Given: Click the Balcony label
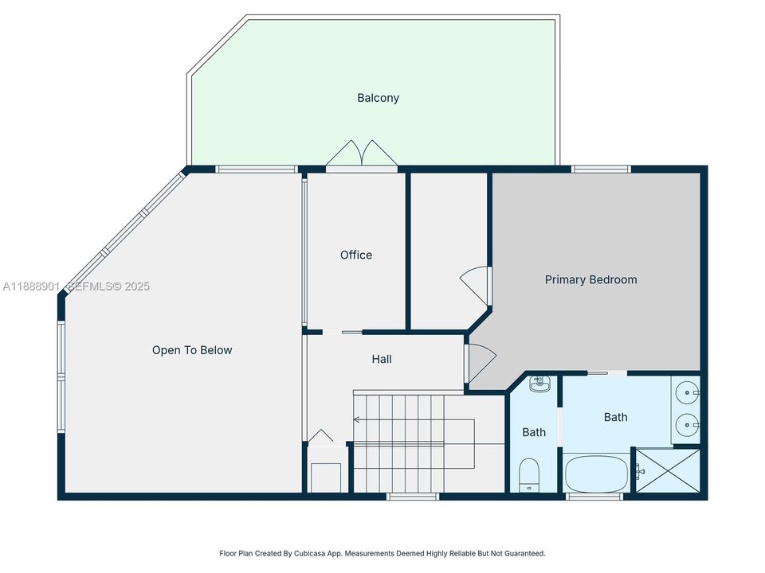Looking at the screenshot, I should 378,98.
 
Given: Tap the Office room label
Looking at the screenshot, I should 356,255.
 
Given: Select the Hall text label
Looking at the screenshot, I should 382,359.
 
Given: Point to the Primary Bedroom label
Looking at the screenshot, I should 590,279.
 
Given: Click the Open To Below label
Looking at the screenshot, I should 192,350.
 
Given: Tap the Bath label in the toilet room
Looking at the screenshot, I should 534,432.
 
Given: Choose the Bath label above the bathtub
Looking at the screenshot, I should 615,417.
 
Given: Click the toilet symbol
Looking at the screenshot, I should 529,475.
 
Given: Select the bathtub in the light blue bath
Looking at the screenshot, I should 596,474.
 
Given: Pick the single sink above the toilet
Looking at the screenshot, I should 541,384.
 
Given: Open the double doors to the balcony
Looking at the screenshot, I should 361,154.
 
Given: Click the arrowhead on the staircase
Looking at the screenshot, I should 357,419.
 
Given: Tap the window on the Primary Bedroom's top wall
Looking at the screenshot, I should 601,169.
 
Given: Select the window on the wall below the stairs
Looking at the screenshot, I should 412,497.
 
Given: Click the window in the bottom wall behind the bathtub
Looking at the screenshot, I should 594,497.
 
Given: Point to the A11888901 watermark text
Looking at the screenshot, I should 31,286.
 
